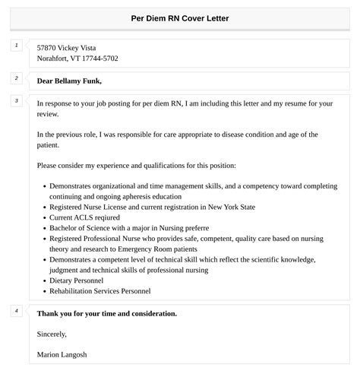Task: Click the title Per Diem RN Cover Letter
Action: pyautogui.click(x=180, y=18)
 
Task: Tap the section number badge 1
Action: pyautogui.click(x=17, y=46)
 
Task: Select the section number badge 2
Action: pyautogui.click(x=17, y=78)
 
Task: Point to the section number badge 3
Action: pyautogui.click(x=17, y=101)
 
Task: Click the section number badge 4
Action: pyautogui.click(x=17, y=310)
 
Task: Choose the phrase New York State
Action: pyautogui.click(x=233, y=207)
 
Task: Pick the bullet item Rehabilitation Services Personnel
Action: pyautogui.click(x=100, y=291)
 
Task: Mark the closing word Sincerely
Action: pyautogui.click(x=52, y=334)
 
